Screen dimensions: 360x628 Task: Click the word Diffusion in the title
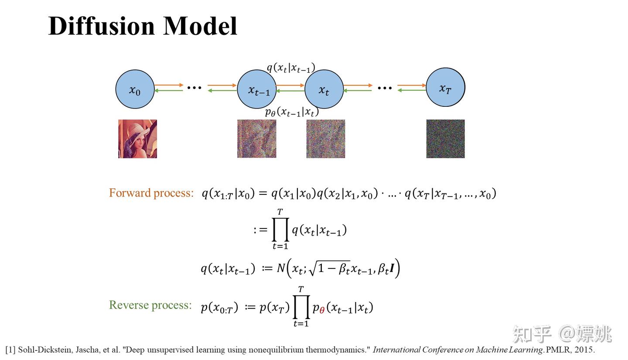click(102, 26)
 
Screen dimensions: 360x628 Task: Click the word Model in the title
click(200, 26)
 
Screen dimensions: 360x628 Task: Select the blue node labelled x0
click(135, 89)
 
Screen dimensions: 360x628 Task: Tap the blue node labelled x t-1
click(256, 89)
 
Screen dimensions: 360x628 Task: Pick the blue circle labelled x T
click(445, 87)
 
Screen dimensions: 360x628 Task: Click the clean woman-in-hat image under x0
click(137, 139)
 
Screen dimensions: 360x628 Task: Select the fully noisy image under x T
click(445, 139)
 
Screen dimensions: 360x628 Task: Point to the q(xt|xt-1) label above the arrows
click(291, 68)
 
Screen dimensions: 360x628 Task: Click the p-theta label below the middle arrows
click(292, 112)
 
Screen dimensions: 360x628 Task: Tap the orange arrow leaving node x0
click(169, 85)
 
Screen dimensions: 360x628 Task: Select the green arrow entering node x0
click(169, 91)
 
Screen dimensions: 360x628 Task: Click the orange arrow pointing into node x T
click(411, 85)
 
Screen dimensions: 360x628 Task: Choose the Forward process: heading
click(151, 193)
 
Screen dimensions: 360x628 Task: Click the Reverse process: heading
click(150, 305)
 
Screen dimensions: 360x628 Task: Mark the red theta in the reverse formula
click(322, 310)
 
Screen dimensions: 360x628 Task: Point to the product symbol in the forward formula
click(280, 230)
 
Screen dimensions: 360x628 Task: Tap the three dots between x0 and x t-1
click(194, 88)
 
